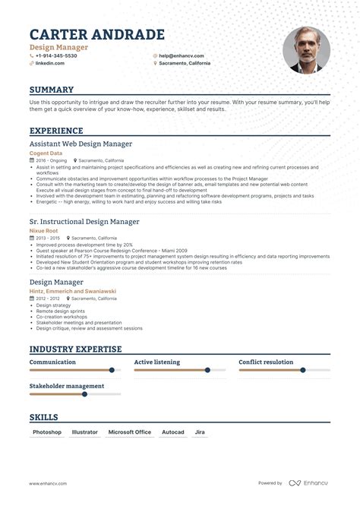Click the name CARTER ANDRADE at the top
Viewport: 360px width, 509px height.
(96, 35)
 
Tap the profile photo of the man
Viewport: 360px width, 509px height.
(306, 50)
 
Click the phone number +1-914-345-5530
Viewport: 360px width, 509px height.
(56, 55)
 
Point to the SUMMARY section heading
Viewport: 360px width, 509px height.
(52, 90)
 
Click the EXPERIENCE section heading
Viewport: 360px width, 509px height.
(57, 131)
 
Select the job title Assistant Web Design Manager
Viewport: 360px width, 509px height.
(81, 143)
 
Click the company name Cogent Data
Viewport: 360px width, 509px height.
(46, 153)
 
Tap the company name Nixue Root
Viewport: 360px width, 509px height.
(44, 230)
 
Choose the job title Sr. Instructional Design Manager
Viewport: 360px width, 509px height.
(84, 221)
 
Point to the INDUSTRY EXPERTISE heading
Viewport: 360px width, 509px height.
(75, 349)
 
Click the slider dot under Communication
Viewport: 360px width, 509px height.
(112, 370)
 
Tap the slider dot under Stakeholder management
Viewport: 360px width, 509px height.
(84, 394)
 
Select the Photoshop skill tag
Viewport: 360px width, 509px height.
(47, 432)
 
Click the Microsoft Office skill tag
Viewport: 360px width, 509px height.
(129, 432)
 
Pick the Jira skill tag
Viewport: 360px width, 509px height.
(200, 432)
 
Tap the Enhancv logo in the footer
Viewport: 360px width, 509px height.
(311, 483)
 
